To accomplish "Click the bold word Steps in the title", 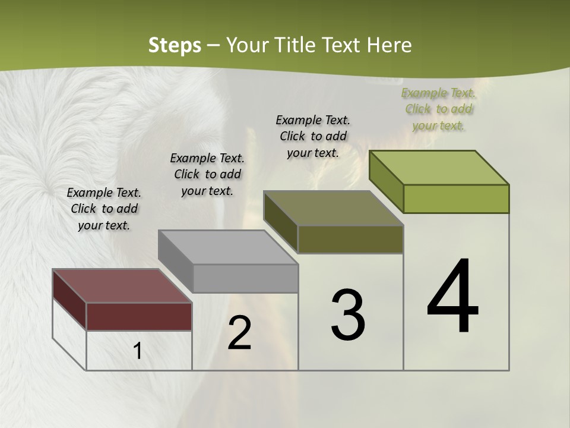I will (175, 45).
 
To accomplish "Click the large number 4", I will (452, 297).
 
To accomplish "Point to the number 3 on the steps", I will (348, 316).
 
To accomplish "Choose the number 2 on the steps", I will (239, 333).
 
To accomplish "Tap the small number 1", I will (138, 351).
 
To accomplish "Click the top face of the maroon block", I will (122, 286).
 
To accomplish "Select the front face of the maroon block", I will (139, 317).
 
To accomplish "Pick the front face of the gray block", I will (245, 278).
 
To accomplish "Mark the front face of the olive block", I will (350, 239).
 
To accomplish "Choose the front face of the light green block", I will (456, 199).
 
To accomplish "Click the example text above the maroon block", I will (104, 209).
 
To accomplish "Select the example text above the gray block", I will (207, 174).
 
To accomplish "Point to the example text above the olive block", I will (313, 136).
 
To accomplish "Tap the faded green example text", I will (439, 109).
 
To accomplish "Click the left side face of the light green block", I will (387, 181).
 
